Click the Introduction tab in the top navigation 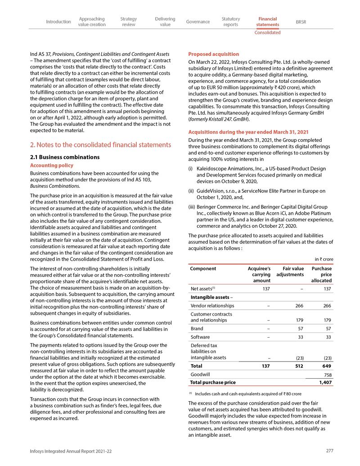pos(58,22)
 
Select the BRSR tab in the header pos(301,22)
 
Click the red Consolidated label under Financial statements pos(267,32)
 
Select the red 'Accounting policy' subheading pos(51,165)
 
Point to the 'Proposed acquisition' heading pos(213,54)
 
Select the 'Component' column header pos(203,269)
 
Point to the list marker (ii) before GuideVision pos(191,190)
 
